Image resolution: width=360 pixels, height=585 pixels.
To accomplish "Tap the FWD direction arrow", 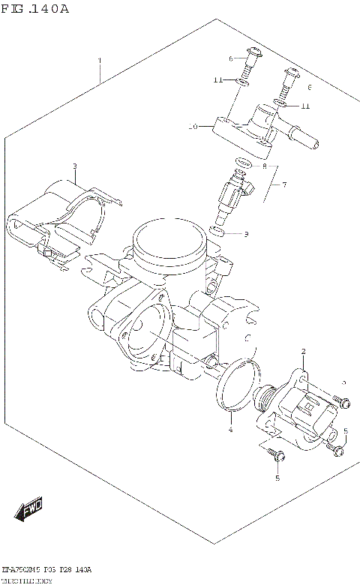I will pos(28,512).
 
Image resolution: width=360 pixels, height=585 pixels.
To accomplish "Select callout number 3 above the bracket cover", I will pos(75,166).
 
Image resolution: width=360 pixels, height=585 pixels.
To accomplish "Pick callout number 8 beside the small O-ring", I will pos(264,165).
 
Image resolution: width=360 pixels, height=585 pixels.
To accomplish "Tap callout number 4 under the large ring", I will pos(231,429).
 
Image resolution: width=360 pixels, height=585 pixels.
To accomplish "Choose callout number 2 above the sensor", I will pos(303,351).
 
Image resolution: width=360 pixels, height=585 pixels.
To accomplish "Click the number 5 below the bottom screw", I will pos(277,478).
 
